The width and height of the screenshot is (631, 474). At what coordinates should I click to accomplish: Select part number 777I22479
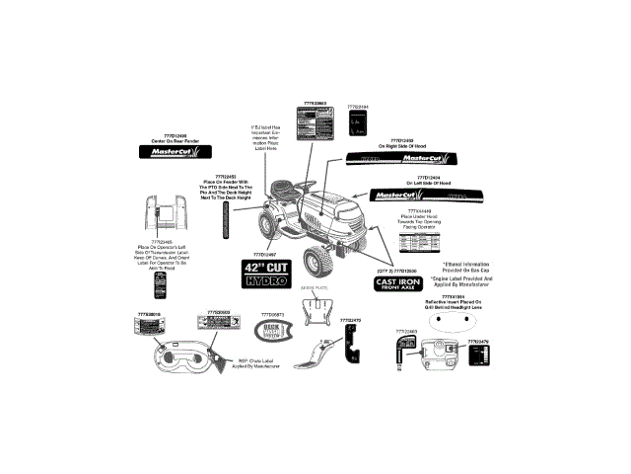[477, 342]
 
